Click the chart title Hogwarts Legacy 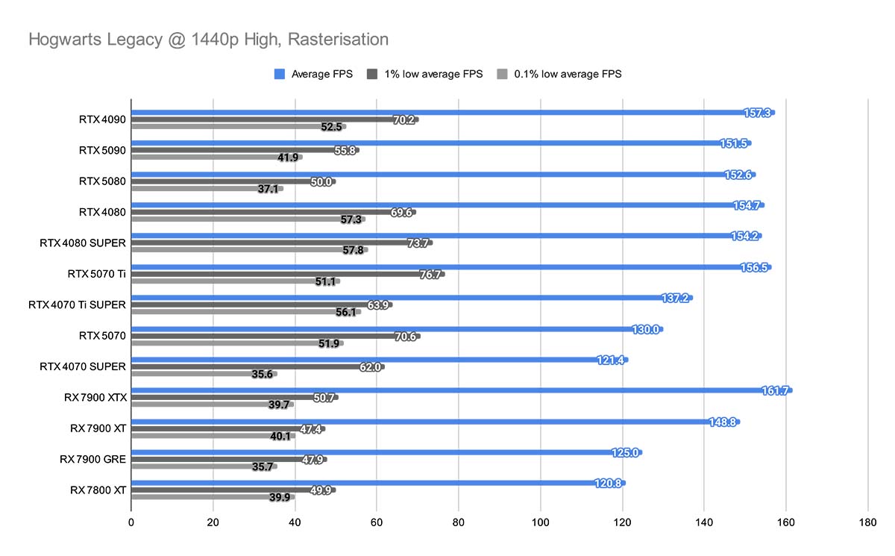click(x=208, y=39)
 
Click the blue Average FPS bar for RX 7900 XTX click(x=447, y=390)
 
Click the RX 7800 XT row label click(x=98, y=490)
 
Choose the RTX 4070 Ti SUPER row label click(x=78, y=304)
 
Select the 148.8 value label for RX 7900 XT click(x=723, y=422)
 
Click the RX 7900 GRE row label click(x=93, y=459)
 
